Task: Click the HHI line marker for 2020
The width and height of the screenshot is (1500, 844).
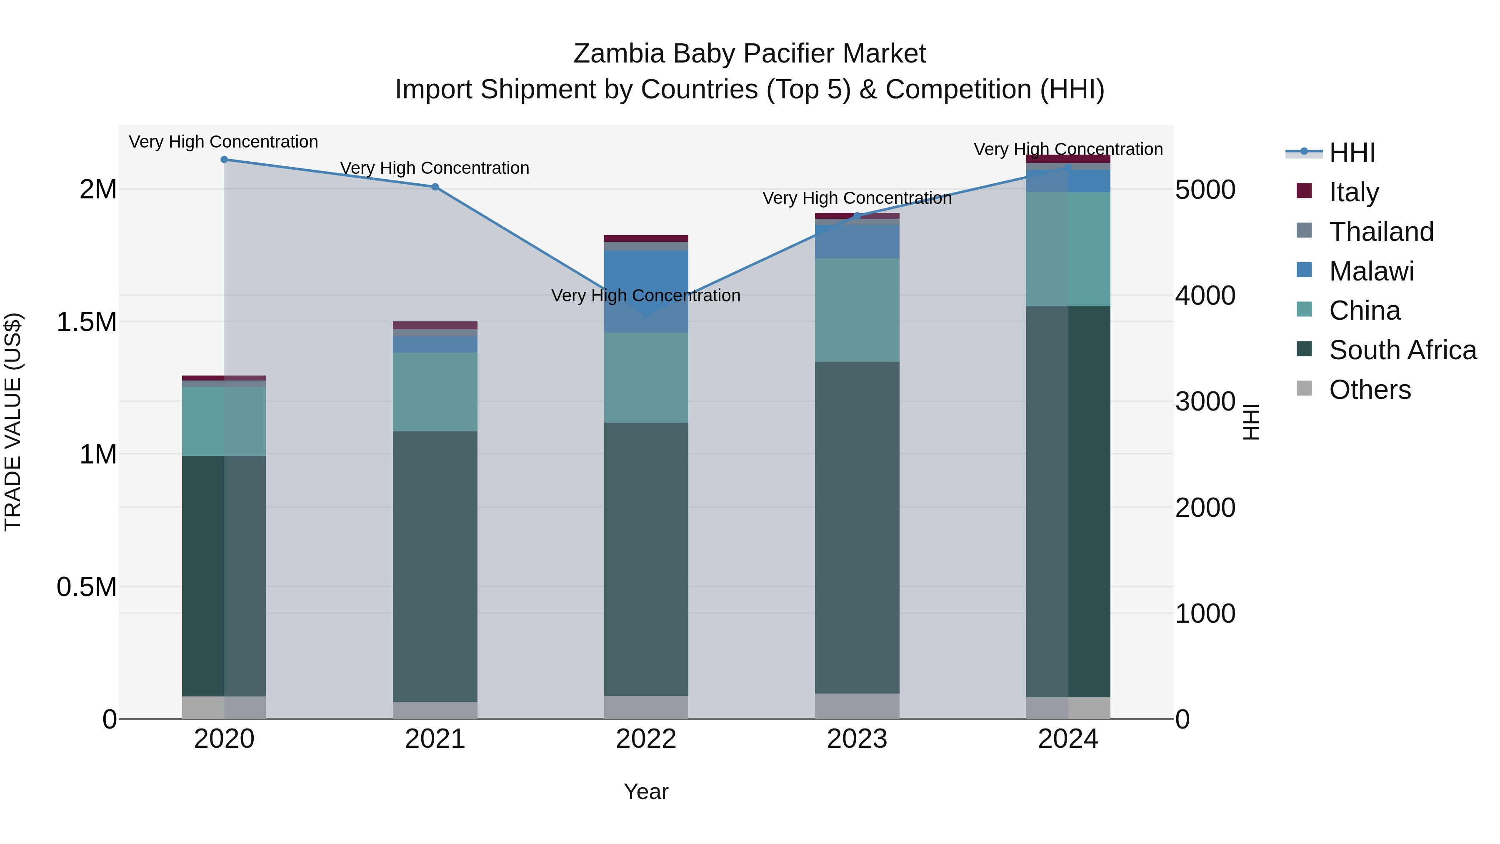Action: coord(224,160)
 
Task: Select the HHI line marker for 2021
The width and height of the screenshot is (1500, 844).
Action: coord(435,187)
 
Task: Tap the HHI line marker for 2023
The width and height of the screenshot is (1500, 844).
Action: coord(857,216)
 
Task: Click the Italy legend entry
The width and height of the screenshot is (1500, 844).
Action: coord(1354,192)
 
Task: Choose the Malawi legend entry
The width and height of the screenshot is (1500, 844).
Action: coord(1371,271)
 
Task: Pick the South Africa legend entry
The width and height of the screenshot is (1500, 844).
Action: coord(1402,350)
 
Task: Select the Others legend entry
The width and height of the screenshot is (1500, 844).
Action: coord(1370,390)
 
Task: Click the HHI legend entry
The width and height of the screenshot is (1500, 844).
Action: coord(1352,153)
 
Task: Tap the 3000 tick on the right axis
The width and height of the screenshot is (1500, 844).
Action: coord(1205,401)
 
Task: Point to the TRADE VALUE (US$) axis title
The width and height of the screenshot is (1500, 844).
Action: coord(13,422)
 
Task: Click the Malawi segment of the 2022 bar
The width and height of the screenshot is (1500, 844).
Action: coord(646,291)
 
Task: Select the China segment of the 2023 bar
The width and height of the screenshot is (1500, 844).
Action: coord(857,310)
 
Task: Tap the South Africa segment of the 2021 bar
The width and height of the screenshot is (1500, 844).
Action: coord(435,566)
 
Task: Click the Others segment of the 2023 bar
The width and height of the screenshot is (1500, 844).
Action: coord(857,706)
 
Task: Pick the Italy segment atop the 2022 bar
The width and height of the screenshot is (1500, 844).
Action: coord(646,238)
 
